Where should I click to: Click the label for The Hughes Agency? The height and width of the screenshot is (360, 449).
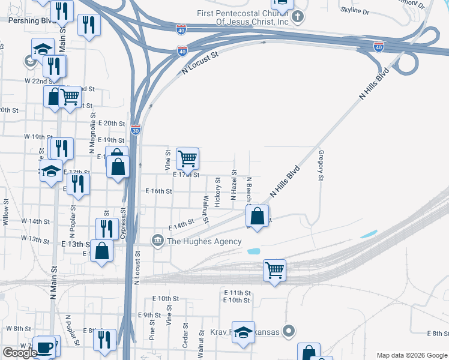click(204, 242)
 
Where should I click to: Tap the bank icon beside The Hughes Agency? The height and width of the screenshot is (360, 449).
click(158, 241)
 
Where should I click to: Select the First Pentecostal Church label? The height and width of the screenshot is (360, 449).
click(243, 17)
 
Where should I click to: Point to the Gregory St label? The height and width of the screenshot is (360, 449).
click(321, 166)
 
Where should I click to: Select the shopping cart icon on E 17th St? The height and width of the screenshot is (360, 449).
click(188, 159)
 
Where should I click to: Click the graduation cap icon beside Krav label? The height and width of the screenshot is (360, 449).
click(243, 332)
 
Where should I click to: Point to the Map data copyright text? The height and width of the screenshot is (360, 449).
click(411, 355)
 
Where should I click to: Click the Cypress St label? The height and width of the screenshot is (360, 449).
click(124, 223)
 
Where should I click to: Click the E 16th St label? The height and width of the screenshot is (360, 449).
click(159, 191)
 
